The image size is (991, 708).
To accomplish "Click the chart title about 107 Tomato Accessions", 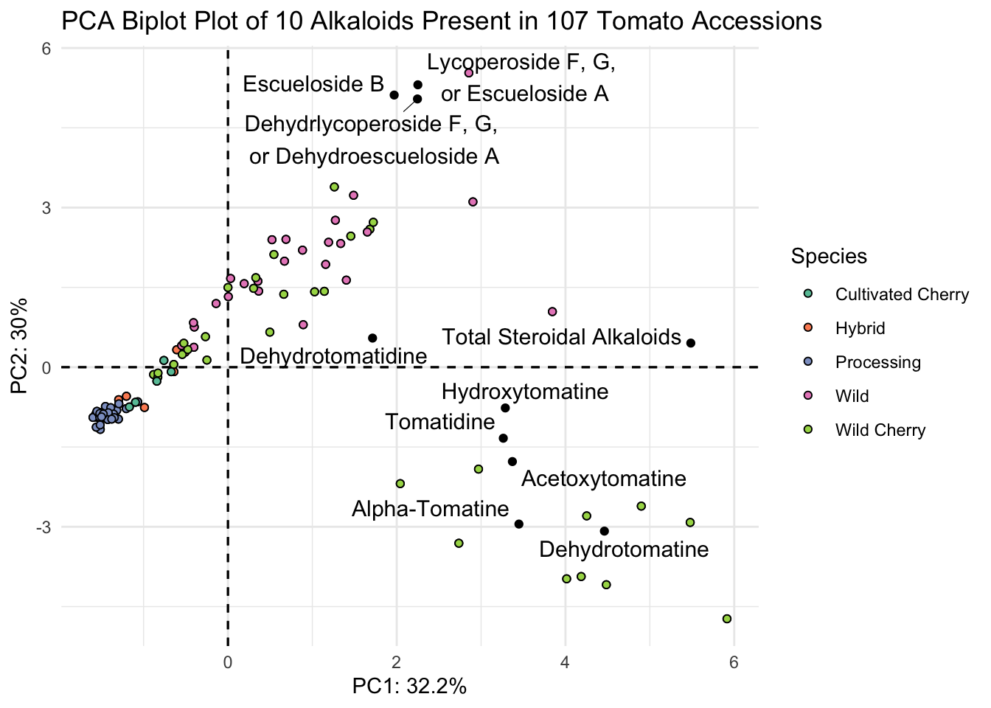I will coord(441,21).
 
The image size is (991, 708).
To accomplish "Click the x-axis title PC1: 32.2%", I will coord(409,687).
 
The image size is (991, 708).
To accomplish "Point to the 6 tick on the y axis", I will coord(45,48).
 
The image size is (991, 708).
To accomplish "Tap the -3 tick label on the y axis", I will coord(41,527).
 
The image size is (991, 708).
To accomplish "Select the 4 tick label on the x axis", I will coord(565,662).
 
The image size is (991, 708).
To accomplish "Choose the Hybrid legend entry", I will coord(860,328).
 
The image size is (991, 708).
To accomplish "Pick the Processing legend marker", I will coord(807,362).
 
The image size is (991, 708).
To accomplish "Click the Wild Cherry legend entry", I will coord(880,430).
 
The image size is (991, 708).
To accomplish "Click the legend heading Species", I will coord(829,257).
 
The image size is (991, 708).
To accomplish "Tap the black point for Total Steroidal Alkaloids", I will coord(691,343).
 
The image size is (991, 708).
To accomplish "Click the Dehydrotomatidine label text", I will coord(333,357).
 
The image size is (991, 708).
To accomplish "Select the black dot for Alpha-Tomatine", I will coord(519,524).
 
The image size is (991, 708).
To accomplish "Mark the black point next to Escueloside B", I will coord(394,95).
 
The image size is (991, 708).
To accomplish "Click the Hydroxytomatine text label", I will coord(525,392).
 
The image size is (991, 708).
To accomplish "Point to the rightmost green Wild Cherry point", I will coord(727,619).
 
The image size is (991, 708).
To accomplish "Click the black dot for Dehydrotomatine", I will coord(605,531).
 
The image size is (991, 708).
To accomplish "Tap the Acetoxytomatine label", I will coord(603,479).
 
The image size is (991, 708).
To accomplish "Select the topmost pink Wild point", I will coord(468,73).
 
